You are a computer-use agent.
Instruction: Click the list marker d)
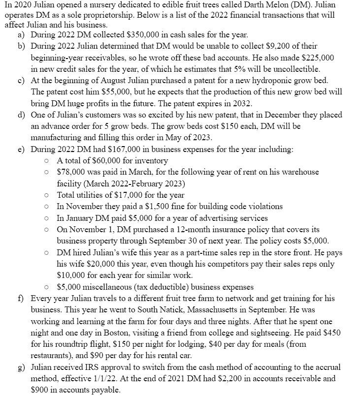coord(21,115)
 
